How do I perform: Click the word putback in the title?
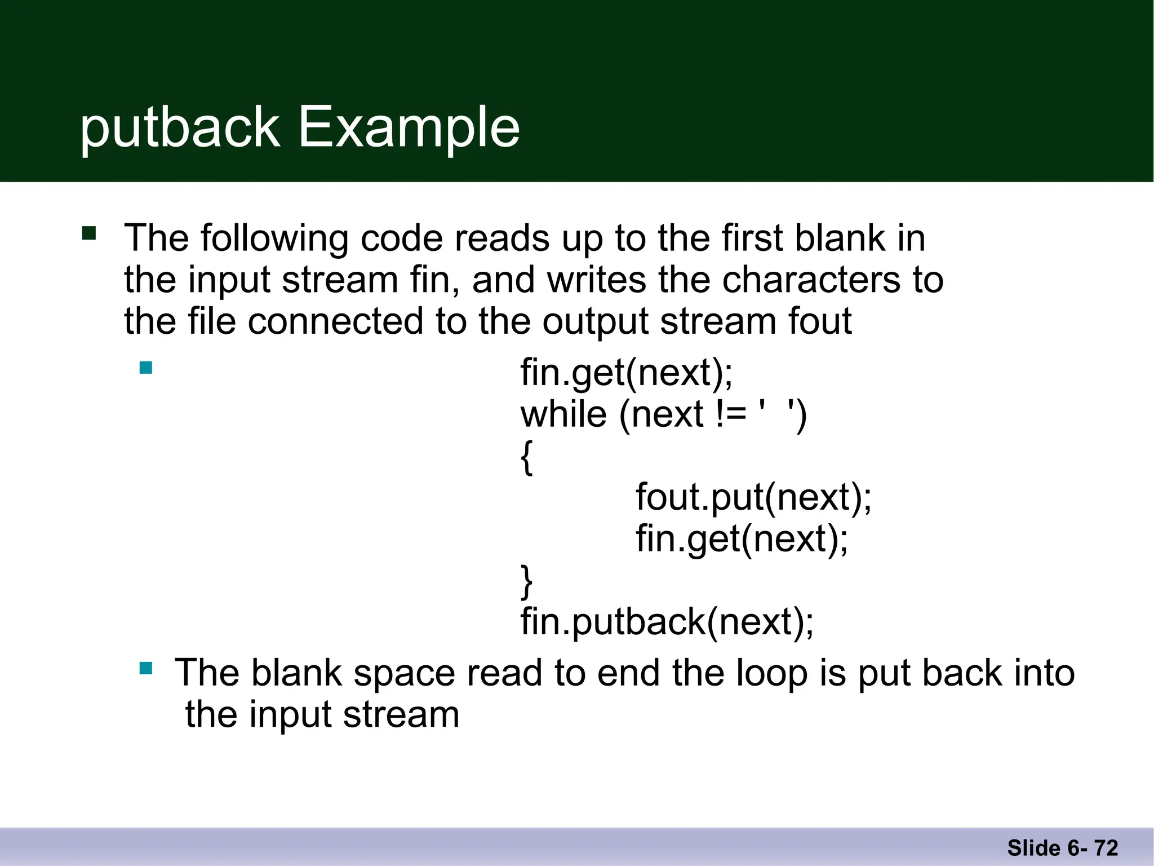click(x=180, y=129)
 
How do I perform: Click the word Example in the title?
click(x=409, y=129)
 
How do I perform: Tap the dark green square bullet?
click(x=89, y=233)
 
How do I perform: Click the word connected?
click(x=335, y=321)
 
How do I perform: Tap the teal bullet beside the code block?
click(x=146, y=368)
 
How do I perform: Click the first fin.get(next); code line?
click(x=627, y=373)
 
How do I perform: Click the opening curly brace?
click(x=526, y=458)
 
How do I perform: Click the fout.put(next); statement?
click(x=753, y=497)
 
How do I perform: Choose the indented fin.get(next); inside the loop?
click(x=742, y=539)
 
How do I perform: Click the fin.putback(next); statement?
click(x=667, y=622)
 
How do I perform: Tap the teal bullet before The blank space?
click(x=146, y=669)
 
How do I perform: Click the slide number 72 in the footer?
click(x=1106, y=848)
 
